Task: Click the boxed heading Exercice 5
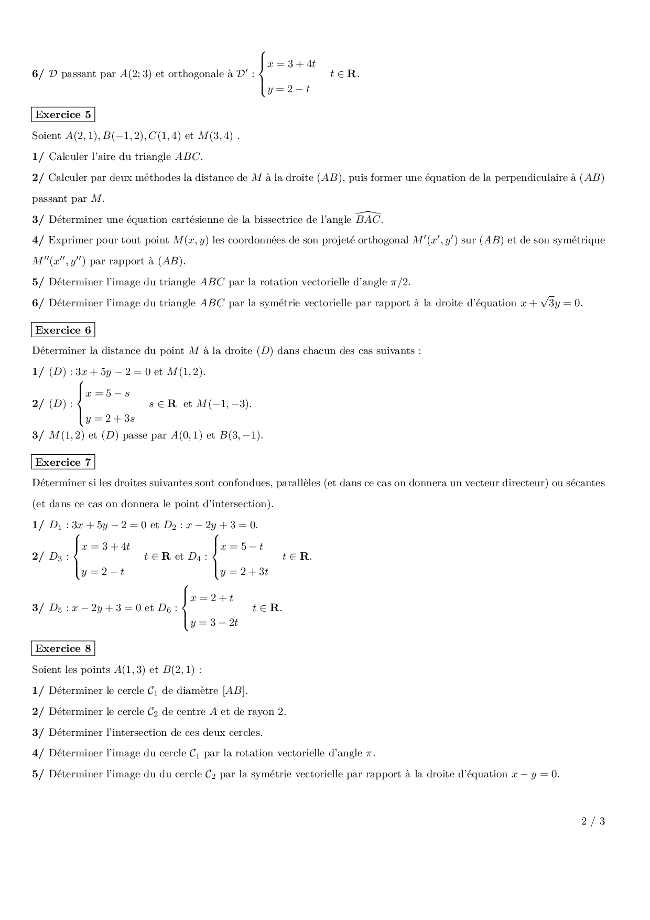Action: tap(63, 115)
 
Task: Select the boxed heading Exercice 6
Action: tap(63, 330)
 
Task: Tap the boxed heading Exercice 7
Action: tap(63, 463)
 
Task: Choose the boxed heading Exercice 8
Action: tap(63, 649)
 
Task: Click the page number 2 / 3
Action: tap(593, 821)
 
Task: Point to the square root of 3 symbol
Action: tap(548, 303)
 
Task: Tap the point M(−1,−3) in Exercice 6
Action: tap(224, 404)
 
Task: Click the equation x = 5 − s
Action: tap(107, 393)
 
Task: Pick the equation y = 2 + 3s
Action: tap(110, 419)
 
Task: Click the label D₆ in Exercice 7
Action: tap(165, 608)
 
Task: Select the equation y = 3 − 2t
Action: tap(214, 623)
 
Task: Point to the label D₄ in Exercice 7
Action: tap(194, 557)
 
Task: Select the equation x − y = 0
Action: tap(535, 774)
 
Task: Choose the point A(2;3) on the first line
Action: tap(136, 74)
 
